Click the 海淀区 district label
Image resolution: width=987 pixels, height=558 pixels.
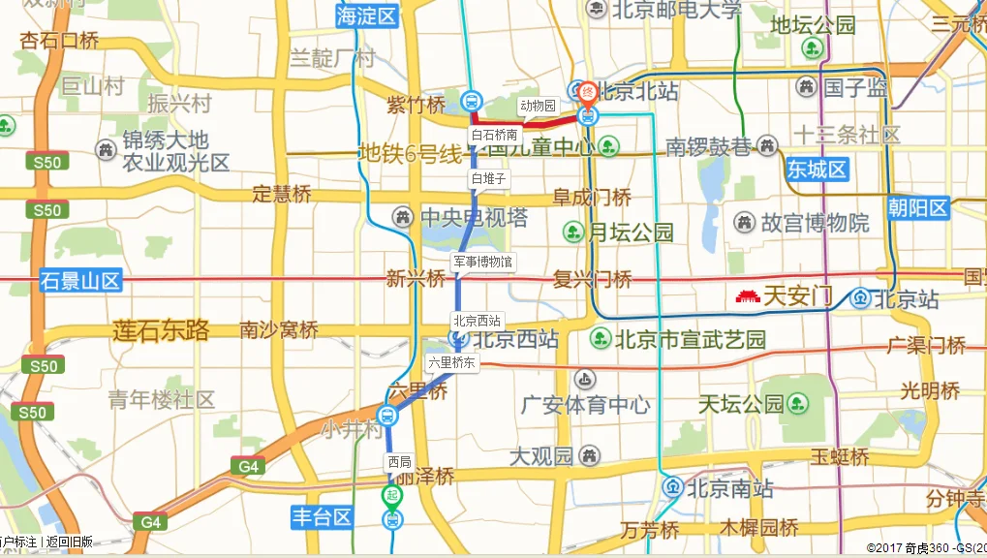click(367, 15)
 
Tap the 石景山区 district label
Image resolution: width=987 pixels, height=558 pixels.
click(81, 282)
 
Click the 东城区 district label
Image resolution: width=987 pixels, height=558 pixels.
click(817, 170)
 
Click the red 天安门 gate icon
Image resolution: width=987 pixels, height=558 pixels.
click(747, 296)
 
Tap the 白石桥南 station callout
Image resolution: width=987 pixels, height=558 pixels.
click(494, 135)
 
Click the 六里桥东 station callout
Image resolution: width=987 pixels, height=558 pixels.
click(452, 363)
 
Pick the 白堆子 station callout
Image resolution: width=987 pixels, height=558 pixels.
click(488, 178)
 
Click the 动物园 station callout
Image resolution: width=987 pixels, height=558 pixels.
click(538, 106)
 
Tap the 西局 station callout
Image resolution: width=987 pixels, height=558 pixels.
click(398, 462)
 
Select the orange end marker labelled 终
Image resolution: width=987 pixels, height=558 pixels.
click(587, 93)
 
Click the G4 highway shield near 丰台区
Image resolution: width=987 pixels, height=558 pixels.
click(150, 522)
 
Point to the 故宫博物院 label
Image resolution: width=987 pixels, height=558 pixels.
click(816, 223)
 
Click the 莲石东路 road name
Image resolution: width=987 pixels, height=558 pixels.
click(161, 330)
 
